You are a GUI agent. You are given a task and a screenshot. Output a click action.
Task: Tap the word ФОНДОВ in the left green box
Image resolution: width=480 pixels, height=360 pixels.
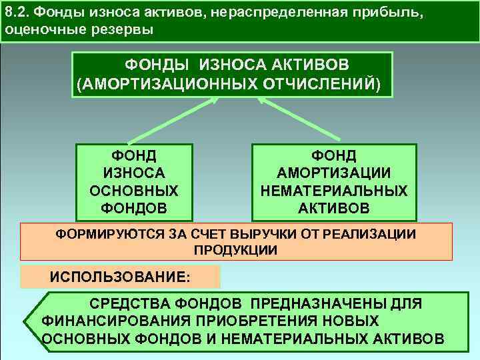point(133,208)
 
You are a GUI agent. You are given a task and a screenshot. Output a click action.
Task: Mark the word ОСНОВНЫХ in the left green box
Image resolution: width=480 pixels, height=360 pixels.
point(133,191)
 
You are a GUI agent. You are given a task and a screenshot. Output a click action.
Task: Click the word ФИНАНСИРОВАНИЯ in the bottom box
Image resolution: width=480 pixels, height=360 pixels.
point(106,321)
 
